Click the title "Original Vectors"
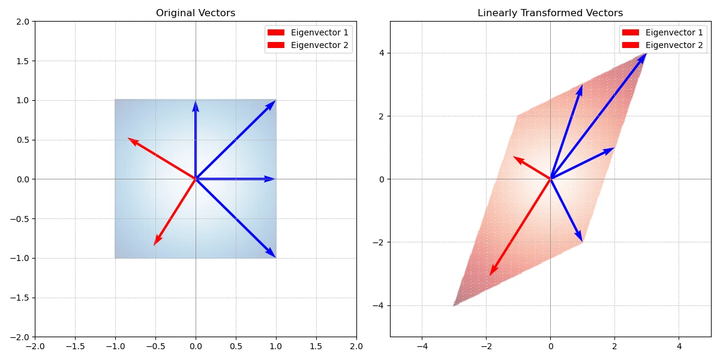196,13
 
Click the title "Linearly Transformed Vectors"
550,13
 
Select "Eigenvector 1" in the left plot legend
319,32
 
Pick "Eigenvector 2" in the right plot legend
674,45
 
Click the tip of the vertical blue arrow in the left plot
196,101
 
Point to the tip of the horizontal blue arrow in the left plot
275,179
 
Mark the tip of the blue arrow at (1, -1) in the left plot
275,257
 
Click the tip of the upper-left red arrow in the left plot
128,139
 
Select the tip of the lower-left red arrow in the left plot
154,245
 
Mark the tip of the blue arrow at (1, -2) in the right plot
582,241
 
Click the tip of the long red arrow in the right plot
490,275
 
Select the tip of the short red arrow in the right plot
514,157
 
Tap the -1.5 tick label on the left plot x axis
75,346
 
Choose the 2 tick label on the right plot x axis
614,346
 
